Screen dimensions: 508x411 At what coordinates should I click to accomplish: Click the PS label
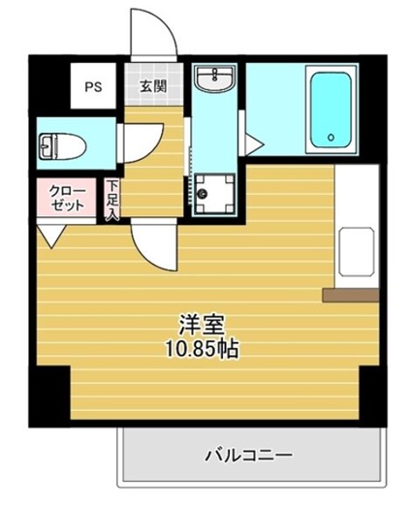[93, 85]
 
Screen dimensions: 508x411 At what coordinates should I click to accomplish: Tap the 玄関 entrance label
[153, 85]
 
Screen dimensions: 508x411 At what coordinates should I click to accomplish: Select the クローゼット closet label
[67, 198]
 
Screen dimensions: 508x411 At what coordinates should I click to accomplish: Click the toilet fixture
[61, 147]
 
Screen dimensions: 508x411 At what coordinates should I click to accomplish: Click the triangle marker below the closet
[52, 234]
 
